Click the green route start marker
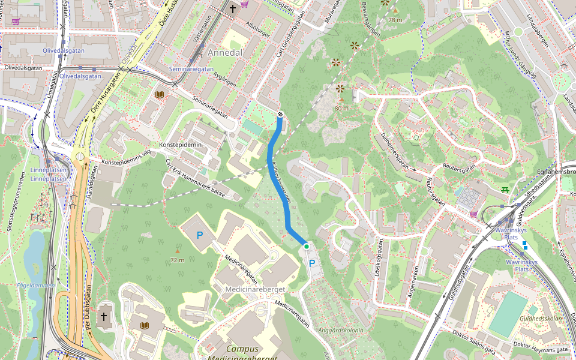[x=306, y=246]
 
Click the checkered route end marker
[x=280, y=114]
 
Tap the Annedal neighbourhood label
[x=225, y=53]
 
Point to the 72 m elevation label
[x=177, y=260]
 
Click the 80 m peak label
[x=341, y=109]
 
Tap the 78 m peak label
[x=395, y=20]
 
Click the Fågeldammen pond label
[x=36, y=286]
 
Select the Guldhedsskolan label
[x=541, y=319]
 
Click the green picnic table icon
[x=505, y=190]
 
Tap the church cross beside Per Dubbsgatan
[x=103, y=316]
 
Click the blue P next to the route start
[x=311, y=263]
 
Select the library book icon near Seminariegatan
[x=159, y=95]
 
